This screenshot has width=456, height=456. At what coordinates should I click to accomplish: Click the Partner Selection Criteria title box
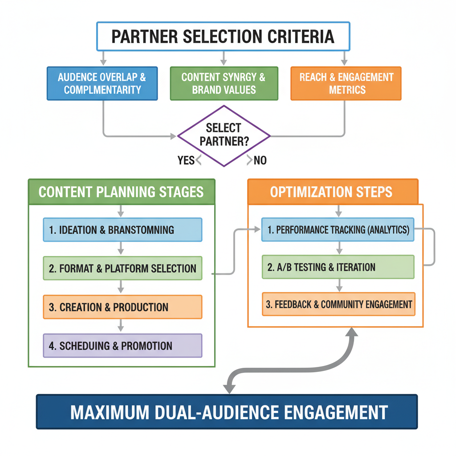click(223, 36)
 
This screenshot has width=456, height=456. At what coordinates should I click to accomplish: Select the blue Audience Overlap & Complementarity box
click(102, 83)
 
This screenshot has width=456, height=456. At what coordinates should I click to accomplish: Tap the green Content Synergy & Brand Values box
click(224, 83)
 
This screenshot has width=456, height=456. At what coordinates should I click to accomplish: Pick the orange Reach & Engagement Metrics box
click(346, 83)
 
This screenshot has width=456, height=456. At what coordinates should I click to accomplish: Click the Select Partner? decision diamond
click(224, 135)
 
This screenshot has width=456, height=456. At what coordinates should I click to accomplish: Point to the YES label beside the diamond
click(186, 160)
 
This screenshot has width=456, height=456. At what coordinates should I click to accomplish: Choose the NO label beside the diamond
click(260, 160)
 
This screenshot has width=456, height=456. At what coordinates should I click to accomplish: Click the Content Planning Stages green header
click(121, 192)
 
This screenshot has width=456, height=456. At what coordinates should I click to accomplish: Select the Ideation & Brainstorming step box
click(122, 230)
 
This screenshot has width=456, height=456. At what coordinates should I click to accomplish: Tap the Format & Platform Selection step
click(122, 268)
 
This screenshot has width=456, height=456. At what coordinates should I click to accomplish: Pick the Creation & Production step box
click(122, 307)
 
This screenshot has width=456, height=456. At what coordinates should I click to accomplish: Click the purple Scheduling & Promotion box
click(122, 346)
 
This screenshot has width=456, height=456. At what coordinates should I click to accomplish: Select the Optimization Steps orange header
click(332, 192)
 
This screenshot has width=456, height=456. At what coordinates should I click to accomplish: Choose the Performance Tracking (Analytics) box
click(338, 230)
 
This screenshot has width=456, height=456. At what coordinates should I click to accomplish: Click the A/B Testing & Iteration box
click(338, 267)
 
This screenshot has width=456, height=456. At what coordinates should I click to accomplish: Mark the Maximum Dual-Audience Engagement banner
click(227, 411)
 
